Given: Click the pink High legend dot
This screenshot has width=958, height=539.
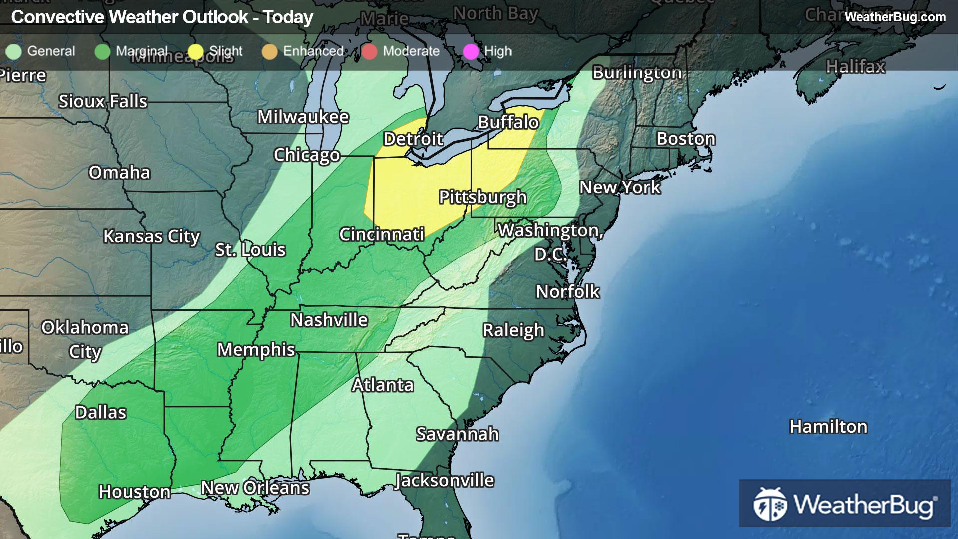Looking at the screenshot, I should pos(471,51).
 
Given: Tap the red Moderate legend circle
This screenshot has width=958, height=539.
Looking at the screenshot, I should pos(369,51).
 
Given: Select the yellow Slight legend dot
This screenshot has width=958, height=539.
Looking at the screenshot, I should pos(195,51).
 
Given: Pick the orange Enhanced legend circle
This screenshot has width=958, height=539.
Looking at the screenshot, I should pos(269,51).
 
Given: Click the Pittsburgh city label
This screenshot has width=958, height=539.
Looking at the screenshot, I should pos(482,197).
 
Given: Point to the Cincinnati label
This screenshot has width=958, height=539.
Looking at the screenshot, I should pos(382,234).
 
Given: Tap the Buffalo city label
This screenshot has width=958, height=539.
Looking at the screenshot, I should pos(508,122).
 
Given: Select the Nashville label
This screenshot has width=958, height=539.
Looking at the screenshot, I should pos(329,320).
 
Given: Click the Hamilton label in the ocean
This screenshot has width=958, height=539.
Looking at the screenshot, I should pos(828,427).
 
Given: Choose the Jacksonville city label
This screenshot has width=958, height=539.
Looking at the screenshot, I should pos(445,480).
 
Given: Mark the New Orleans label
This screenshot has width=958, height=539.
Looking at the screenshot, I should pos(255,488).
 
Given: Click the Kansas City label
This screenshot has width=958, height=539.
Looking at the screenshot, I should pos(151,236).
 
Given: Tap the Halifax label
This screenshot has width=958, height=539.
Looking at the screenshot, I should pos(855,66).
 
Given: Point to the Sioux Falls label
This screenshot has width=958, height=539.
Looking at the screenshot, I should pos(103,101).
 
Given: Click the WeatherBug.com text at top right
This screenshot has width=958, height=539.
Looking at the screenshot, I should pos(895,17).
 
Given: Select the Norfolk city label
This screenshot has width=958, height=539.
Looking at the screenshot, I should pos(567,291).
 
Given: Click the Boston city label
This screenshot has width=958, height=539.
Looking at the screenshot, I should pos(686,139).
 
